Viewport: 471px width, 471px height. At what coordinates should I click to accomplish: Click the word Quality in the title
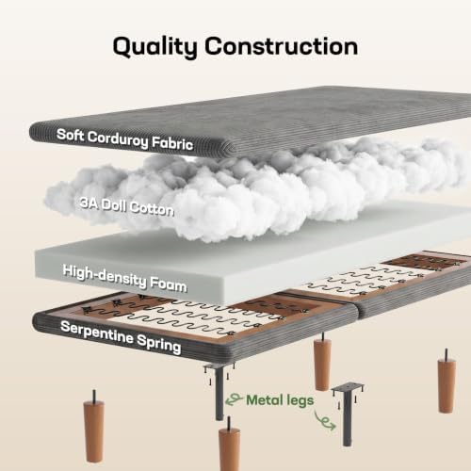click(x=155, y=47)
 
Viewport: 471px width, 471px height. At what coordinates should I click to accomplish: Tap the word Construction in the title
click(x=282, y=46)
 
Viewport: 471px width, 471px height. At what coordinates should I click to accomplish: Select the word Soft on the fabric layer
click(x=71, y=135)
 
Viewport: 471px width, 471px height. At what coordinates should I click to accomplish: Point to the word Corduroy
click(x=118, y=139)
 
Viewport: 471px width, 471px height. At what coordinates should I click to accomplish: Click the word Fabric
click(x=172, y=143)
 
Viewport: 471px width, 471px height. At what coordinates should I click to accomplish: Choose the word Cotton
click(x=152, y=209)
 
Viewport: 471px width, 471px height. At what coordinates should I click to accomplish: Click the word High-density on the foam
click(x=105, y=276)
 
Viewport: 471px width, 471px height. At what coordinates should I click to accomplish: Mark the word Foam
click(x=169, y=284)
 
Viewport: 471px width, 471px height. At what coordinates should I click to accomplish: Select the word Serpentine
click(x=97, y=333)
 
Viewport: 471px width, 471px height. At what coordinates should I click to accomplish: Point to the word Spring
click(x=159, y=344)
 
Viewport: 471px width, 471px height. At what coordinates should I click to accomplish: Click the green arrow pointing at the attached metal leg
click(x=234, y=399)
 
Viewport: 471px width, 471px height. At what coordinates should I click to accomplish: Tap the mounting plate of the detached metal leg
click(x=348, y=388)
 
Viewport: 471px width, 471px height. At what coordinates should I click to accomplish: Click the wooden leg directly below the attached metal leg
click(x=229, y=446)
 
